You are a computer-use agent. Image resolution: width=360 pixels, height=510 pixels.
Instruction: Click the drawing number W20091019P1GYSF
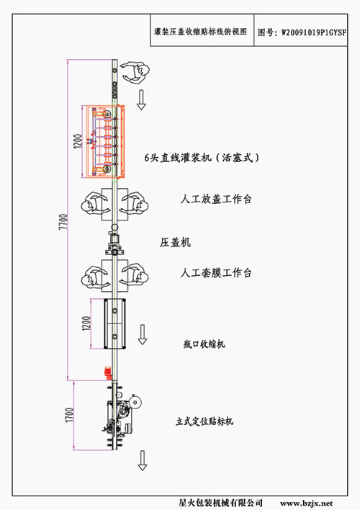313,32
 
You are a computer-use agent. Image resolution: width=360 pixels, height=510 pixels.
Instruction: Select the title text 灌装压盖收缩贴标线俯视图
201,32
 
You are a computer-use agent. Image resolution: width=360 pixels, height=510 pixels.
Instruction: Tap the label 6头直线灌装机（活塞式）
202,158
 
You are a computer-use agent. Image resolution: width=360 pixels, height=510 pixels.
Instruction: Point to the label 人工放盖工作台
216,199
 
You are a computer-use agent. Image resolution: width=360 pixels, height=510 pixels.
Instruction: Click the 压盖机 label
175,242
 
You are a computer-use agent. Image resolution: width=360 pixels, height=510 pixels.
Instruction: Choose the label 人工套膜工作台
216,272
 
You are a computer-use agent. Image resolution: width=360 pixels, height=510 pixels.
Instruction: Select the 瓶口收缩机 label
204,344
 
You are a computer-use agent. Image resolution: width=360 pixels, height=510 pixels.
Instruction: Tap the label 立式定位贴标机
204,421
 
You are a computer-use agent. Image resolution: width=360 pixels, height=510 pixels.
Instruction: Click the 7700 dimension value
63,221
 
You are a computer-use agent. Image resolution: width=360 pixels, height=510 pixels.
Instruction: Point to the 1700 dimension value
70,415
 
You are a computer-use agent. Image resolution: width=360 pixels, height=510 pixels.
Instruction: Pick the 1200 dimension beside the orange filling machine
78,141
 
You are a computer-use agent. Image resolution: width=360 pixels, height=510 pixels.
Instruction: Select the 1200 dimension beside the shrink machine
86,323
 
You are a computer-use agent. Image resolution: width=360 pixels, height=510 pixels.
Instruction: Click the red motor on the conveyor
108,373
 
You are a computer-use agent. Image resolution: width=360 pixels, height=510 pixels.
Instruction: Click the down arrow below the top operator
141,100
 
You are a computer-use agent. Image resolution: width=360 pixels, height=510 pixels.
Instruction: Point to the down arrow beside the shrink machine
143,334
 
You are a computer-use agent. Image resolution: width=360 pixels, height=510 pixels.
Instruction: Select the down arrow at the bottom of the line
143,460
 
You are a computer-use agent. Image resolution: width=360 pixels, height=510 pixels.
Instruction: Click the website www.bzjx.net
306,504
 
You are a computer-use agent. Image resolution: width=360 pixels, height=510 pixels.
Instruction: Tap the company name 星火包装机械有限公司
220,504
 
